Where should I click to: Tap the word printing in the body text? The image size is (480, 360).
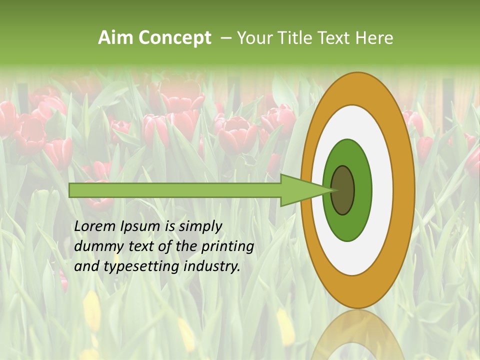(227, 246)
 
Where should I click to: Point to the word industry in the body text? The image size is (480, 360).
(212, 266)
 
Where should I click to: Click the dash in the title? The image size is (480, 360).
(225, 38)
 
